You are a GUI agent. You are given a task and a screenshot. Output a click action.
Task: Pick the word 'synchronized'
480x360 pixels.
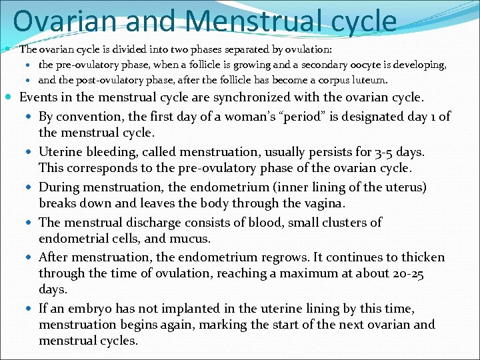pyautogui.click(x=248, y=97)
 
